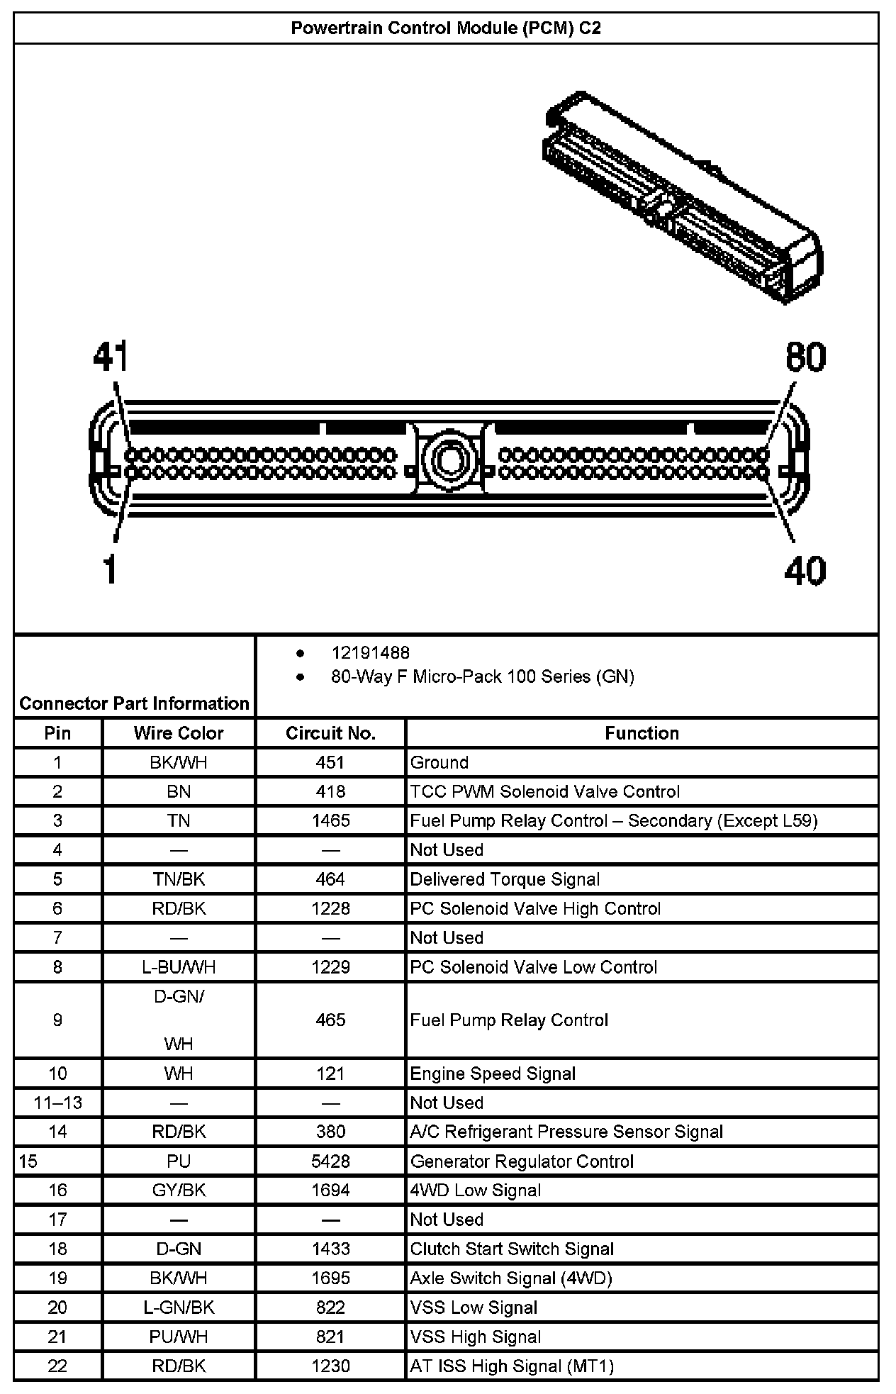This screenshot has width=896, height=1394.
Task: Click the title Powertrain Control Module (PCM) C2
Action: click(x=446, y=28)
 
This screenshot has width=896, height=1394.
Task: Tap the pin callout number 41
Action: click(x=111, y=357)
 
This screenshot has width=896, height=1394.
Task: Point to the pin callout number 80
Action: click(x=805, y=357)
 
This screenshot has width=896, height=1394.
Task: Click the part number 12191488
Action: click(x=370, y=653)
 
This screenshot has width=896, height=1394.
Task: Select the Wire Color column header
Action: click(x=179, y=733)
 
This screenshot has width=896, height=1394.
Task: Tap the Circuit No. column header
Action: click(x=330, y=733)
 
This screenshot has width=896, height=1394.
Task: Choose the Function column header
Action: click(x=642, y=733)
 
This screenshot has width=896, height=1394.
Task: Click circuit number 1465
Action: click(x=330, y=820)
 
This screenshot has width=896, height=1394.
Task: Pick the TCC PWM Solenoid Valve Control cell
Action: click(x=544, y=791)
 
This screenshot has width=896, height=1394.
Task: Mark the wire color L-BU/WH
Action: click(x=179, y=967)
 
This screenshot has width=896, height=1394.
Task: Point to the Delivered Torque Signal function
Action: click(x=505, y=879)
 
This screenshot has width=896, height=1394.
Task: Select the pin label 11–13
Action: click(x=58, y=1103)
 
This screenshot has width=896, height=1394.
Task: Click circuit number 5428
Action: click(x=330, y=1161)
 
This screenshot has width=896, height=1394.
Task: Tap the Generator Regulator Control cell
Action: click(x=522, y=1161)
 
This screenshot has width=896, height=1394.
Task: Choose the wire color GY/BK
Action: click(x=179, y=1191)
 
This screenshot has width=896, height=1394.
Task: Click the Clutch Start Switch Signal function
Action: click(x=512, y=1249)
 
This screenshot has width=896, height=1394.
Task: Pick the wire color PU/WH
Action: click(x=179, y=1337)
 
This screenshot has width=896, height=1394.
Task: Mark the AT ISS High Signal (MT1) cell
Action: click(x=512, y=1366)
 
